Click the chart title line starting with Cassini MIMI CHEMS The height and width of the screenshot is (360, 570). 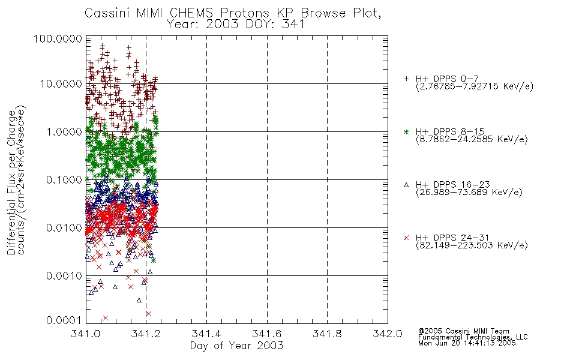233,13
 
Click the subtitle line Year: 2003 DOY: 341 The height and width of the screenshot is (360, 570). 236,25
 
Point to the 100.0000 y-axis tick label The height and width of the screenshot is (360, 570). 58,38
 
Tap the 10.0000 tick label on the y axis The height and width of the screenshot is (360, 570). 61,84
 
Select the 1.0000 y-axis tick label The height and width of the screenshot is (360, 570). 64,131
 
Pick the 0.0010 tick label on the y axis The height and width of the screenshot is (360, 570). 64,276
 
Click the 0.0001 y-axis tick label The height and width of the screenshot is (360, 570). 64,320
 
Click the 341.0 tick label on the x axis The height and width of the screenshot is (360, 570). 86,334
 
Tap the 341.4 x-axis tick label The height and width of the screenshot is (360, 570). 206,334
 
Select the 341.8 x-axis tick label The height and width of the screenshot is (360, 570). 327,334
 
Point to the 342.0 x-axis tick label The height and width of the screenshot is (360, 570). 388,334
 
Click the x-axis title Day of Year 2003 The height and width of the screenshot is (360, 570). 236,346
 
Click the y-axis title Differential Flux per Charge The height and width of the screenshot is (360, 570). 11,182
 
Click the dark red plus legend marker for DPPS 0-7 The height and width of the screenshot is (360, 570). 406,79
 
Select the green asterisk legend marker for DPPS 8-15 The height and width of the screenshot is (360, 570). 406,131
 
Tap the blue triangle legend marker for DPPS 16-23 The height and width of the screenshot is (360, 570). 406,185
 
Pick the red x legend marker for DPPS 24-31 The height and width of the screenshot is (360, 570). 406,238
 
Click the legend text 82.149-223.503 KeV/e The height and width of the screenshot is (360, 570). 472,245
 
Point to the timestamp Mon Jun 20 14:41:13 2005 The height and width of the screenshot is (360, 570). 467,343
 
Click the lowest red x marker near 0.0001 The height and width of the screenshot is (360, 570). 106,318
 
